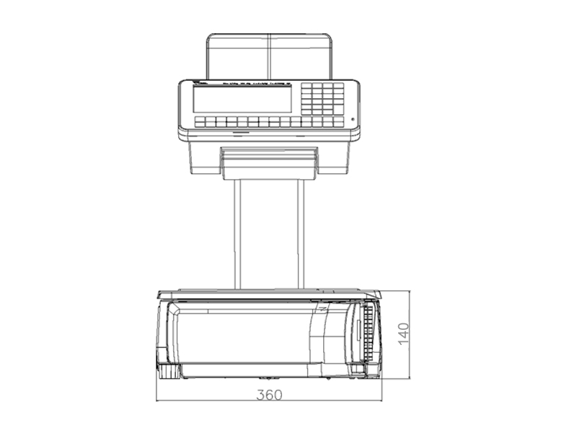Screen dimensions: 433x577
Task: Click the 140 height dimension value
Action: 403,333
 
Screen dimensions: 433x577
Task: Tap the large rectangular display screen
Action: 242,99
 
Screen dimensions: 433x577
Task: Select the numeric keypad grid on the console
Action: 322,98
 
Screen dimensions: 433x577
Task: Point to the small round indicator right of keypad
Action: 353,120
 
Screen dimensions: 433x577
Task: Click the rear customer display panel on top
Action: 269,56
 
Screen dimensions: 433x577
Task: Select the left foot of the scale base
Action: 169,372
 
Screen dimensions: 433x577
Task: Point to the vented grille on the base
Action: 369,332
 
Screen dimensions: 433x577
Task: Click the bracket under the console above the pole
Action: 268,162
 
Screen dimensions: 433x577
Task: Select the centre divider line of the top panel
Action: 269,56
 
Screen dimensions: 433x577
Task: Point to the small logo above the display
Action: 200,84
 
